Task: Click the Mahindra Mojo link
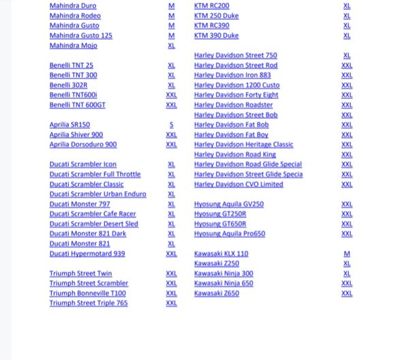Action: pyautogui.click(x=73, y=46)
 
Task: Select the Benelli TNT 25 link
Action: pyautogui.click(x=72, y=65)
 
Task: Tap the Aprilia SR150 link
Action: pyautogui.click(x=70, y=125)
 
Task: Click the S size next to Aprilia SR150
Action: pyautogui.click(x=171, y=125)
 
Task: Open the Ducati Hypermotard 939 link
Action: pyautogui.click(x=87, y=254)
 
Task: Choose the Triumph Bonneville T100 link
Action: pyautogui.click(x=87, y=293)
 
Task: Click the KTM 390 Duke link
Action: pyautogui.click(x=216, y=35)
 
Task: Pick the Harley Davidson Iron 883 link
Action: pyautogui.click(x=232, y=75)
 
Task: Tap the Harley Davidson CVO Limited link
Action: pyautogui.click(x=239, y=184)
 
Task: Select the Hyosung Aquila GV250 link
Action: pyautogui.click(x=228, y=204)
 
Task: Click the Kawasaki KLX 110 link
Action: pyautogui.click(x=221, y=254)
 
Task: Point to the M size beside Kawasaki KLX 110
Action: pyautogui.click(x=347, y=254)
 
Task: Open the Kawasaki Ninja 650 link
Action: pyautogui.click(x=224, y=283)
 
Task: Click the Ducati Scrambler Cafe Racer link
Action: pyautogui.click(x=93, y=214)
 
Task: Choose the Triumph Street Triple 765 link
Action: pyautogui.click(x=89, y=303)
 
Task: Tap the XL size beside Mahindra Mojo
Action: pyautogui.click(x=171, y=46)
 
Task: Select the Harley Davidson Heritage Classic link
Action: pyautogui.click(x=243, y=145)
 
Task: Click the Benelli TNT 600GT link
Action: pyautogui.click(x=78, y=105)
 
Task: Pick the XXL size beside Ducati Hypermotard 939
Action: pyautogui.click(x=171, y=254)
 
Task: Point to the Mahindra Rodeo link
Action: pyautogui.click(x=75, y=16)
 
